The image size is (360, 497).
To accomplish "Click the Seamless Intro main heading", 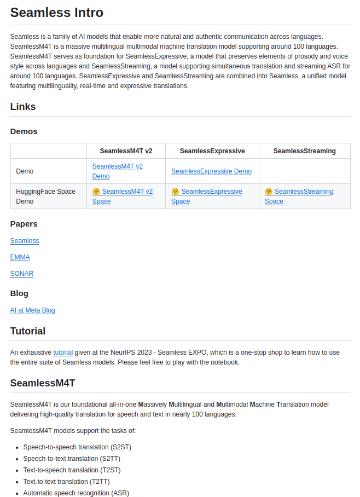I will [56, 13].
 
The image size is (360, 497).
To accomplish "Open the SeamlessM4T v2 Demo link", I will [117, 166].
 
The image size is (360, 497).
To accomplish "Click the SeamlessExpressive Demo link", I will [211, 171].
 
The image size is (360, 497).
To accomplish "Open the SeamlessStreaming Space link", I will [304, 192].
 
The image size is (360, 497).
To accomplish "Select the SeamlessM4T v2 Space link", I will [127, 192].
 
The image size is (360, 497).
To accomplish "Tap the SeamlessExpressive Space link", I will [211, 192].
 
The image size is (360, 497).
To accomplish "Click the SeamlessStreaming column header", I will [304, 151].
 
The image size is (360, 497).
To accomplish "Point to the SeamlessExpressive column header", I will [212, 151].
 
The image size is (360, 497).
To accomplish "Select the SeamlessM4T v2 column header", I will [126, 151].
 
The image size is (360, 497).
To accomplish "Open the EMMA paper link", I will [20, 257].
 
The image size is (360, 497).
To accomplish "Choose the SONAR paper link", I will [22, 274].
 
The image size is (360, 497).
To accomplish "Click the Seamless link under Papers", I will [25, 241].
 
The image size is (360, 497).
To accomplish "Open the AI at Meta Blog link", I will [32, 310].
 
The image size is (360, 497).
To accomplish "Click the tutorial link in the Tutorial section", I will [63, 353].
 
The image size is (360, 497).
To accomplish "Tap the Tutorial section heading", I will [28, 331].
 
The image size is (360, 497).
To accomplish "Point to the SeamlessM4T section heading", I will [43, 383].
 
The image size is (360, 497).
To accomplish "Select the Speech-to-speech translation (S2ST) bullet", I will [77, 447].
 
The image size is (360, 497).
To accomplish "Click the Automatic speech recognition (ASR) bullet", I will [76, 493].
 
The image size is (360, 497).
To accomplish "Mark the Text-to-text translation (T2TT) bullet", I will [66, 482].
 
